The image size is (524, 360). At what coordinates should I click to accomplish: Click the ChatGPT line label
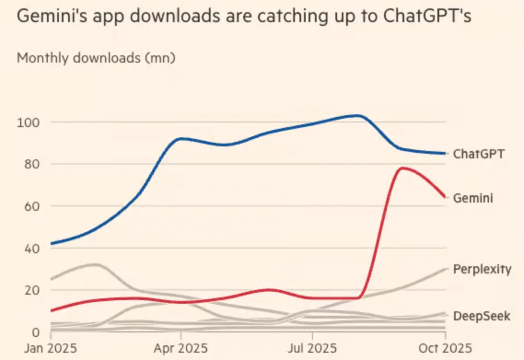(x=478, y=154)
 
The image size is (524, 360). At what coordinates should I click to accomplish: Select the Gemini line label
(x=473, y=198)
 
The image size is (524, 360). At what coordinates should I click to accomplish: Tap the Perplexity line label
(x=482, y=269)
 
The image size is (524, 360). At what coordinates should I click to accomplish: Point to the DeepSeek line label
(x=482, y=316)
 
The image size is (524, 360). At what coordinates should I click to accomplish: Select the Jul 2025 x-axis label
(x=313, y=348)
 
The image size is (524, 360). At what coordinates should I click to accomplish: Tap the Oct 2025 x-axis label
(x=444, y=348)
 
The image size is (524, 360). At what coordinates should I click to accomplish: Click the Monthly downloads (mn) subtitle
(x=96, y=58)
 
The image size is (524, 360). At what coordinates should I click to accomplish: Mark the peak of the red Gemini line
(x=402, y=168)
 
